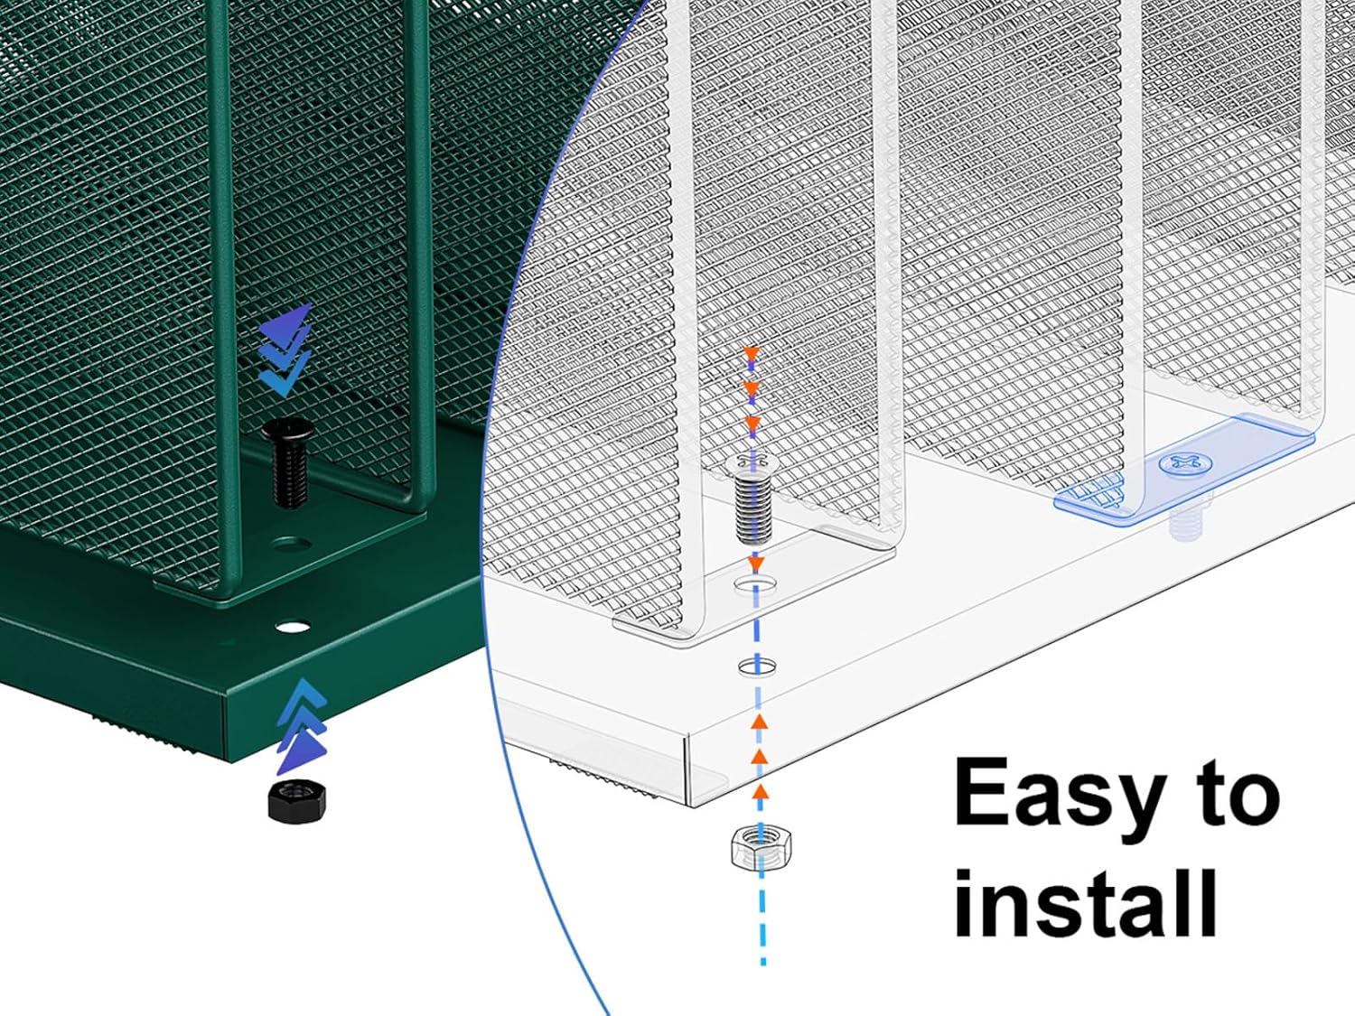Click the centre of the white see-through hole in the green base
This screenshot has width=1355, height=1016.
tap(293, 628)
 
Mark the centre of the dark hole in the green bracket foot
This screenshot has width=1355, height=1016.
tap(292, 545)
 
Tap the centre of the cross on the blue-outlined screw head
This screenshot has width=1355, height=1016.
tap(1185, 463)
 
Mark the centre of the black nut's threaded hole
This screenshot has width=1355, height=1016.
tap(294, 790)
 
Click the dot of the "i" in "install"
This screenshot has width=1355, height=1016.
tap(967, 881)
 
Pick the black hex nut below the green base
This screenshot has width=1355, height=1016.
tap(296, 800)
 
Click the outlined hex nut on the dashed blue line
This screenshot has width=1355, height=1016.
tap(762, 847)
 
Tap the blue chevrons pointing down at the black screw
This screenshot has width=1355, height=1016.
tap(285, 350)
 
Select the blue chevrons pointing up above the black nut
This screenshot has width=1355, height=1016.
tap(302, 726)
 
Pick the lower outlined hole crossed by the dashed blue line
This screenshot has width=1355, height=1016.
tap(757, 666)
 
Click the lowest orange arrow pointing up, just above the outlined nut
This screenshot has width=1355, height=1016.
tap(761, 790)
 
